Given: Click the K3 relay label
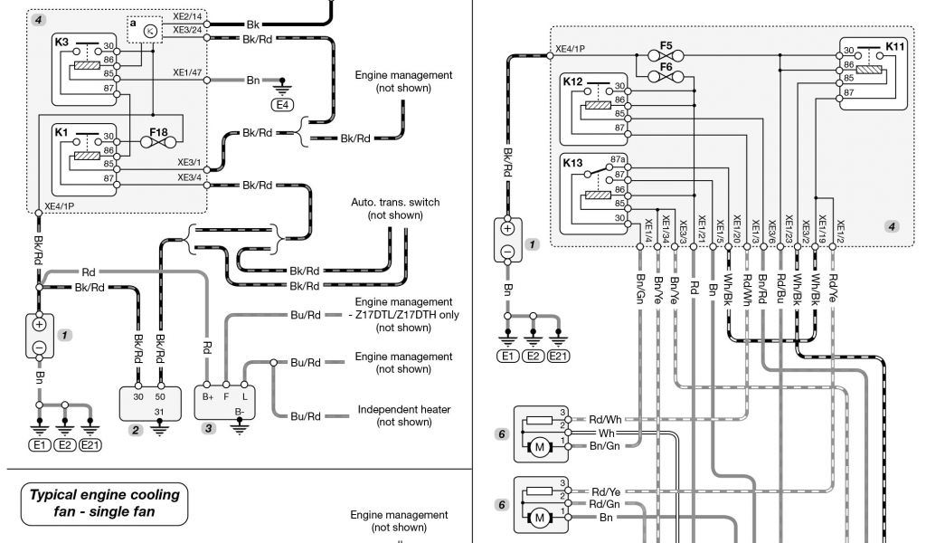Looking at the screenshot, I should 61,42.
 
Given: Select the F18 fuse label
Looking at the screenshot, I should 159,132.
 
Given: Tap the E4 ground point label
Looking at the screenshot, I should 283,104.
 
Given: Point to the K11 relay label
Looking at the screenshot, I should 895,45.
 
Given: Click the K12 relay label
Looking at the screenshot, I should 572,81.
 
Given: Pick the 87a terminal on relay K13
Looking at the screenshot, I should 619,159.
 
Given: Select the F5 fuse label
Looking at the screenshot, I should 666,44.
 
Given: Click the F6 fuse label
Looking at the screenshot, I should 666,66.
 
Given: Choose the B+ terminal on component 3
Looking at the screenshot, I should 208,395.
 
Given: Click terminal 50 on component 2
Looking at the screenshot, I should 160,395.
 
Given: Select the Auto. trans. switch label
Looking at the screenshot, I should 395,203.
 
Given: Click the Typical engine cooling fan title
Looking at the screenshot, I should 105,503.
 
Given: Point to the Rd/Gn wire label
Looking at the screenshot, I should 604,503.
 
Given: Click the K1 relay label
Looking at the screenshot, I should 61,132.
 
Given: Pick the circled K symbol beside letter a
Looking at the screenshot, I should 151,32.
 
